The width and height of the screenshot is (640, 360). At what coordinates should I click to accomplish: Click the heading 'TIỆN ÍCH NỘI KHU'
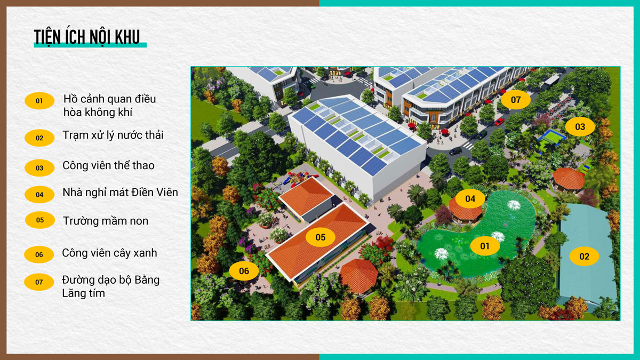87,37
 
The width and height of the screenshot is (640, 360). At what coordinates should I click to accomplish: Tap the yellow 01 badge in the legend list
39,101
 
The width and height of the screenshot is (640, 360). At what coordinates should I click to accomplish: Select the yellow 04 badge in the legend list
39,195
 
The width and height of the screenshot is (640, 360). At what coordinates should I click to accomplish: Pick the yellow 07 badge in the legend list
39,282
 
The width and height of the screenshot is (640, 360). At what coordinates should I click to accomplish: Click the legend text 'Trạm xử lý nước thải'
113,135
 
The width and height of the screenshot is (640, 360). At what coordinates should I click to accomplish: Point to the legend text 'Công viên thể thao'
108,165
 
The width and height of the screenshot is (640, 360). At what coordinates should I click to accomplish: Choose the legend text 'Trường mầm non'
106,221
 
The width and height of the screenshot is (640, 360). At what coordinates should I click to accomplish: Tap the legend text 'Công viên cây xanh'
109,253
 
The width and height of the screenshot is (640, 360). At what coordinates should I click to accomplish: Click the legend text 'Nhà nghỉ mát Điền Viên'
121,193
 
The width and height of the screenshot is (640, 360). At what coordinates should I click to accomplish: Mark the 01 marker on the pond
485,246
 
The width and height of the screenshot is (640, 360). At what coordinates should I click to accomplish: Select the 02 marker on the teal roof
585,257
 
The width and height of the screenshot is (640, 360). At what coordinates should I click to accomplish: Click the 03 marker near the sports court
580,126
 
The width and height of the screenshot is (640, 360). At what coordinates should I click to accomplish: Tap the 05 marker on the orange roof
321,237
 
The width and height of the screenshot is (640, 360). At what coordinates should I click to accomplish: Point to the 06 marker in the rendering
244,271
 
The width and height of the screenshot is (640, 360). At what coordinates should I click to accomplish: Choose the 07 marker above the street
516,100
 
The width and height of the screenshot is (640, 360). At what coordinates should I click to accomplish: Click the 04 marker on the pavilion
470,198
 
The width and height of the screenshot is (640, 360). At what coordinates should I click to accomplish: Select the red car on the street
499,122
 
